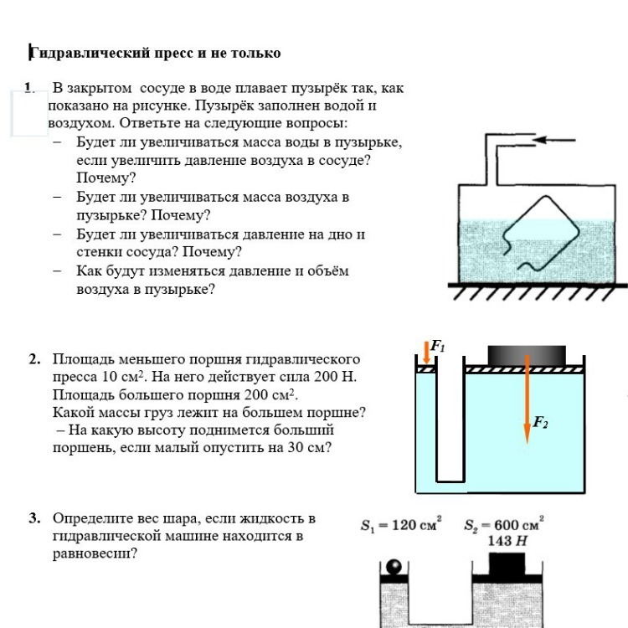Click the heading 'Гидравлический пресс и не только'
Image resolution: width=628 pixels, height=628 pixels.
click(156, 54)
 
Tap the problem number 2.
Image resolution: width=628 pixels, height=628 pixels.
click(34, 359)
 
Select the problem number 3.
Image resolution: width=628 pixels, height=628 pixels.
click(34, 518)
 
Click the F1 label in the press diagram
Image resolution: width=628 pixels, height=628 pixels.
click(437, 346)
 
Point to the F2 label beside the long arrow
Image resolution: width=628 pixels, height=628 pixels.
click(541, 423)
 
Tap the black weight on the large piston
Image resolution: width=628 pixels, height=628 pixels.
click(527, 354)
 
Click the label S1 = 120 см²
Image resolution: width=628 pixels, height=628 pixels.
click(401, 526)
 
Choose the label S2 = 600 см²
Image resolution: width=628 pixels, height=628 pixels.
click(504, 526)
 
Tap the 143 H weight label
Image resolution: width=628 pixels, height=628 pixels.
click(508, 541)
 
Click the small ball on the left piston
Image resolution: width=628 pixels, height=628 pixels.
click(394, 568)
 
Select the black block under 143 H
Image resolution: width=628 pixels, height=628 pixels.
click(507, 564)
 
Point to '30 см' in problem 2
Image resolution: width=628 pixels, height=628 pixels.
click(306, 447)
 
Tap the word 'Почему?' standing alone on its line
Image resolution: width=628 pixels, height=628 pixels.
click(106, 178)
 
